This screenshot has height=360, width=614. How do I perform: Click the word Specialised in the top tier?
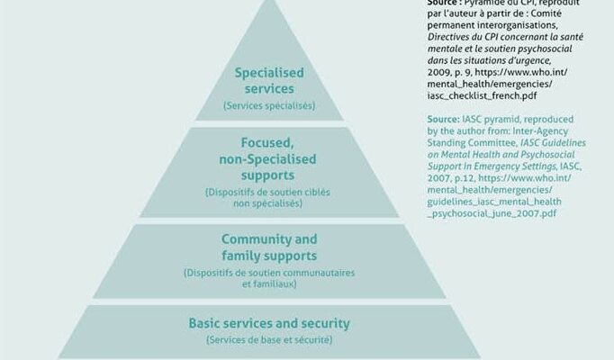pyautogui.click(x=269, y=73)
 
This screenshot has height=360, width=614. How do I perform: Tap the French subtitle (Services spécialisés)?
pyautogui.click(x=269, y=105)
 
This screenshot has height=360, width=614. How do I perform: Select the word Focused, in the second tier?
pyautogui.click(x=267, y=143)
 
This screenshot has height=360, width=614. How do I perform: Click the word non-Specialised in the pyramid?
pyautogui.click(x=267, y=159)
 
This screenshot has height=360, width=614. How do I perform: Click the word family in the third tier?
pyautogui.click(x=239, y=256)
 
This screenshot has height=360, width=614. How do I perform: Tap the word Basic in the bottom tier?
pyautogui.click(x=204, y=323)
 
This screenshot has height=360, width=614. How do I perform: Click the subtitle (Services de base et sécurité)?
pyautogui.click(x=269, y=339)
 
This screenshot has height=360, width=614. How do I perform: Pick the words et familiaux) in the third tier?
pyautogui.click(x=269, y=283)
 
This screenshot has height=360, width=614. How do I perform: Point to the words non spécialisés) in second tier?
pyautogui.click(x=268, y=203)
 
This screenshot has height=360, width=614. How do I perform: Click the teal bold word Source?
pyautogui.click(x=443, y=119)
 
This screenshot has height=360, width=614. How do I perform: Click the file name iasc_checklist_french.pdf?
pyautogui.click(x=482, y=96)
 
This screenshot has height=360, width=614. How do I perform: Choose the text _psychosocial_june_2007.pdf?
pyautogui.click(x=492, y=213)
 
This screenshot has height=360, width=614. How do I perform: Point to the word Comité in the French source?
pyautogui.click(x=546, y=13)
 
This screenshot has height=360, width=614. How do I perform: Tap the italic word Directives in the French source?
pyautogui.click(x=447, y=37)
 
